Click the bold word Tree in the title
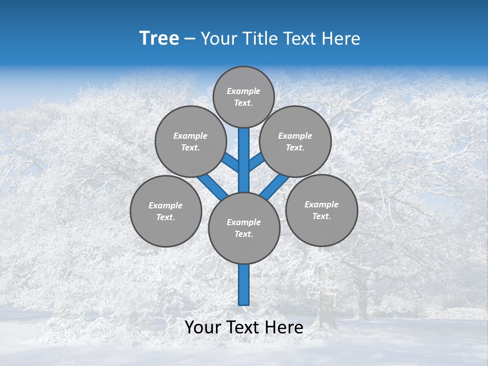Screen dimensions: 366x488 [159, 39]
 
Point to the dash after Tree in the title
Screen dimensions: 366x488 [190, 39]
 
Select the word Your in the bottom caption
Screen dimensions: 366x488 [203, 327]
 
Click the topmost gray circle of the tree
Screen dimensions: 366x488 [243, 97]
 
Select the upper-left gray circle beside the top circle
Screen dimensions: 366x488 [190, 141]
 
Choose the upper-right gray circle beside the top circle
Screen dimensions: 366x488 [295, 141]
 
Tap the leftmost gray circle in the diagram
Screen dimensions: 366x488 [166, 211]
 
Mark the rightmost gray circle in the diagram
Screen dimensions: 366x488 [321, 210]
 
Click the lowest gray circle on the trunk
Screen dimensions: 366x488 [244, 228]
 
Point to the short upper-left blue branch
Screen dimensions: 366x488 [230, 163]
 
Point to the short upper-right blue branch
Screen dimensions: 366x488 [257, 162]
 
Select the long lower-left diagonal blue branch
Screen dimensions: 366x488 [212, 187]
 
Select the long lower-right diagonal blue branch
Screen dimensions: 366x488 [274, 187]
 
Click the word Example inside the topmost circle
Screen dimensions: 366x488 [243, 91]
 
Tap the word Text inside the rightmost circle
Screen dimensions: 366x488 [321, 216]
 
